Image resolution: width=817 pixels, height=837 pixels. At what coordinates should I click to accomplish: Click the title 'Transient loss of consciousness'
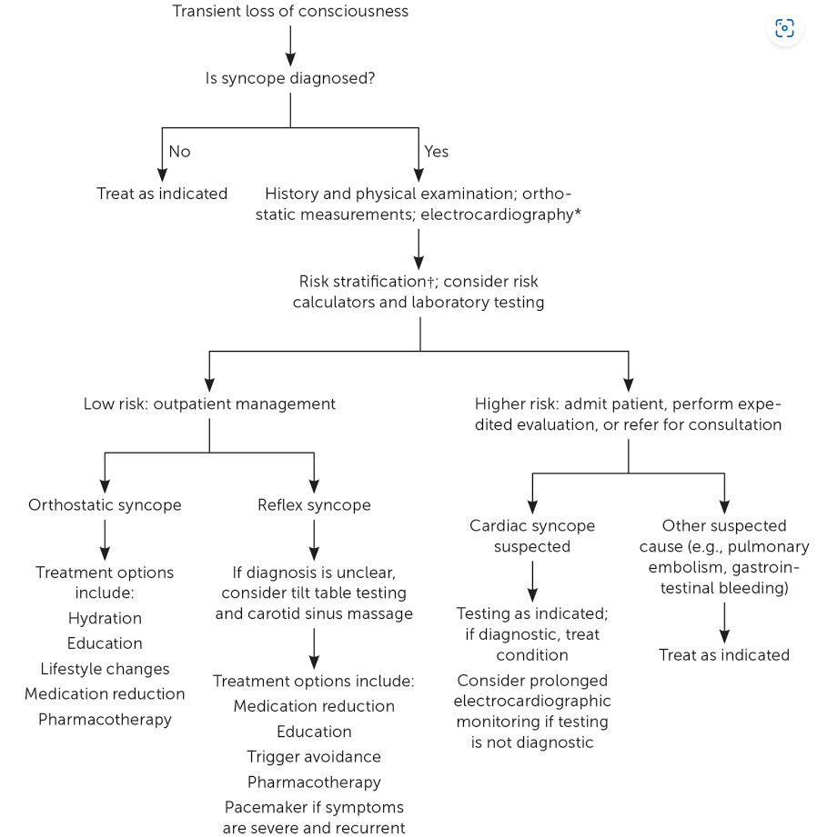coord(290,11)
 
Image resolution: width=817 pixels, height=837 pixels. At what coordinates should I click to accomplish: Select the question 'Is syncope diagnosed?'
coord(290,78)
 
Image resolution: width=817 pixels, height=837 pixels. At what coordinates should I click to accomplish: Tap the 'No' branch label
coord(179,152)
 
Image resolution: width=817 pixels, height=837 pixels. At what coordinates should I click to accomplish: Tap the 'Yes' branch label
coord(436,152)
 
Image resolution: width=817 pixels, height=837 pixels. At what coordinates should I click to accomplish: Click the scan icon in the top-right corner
coord(784,28)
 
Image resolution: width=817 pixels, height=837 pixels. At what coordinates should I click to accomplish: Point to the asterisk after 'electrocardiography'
coord(578,213)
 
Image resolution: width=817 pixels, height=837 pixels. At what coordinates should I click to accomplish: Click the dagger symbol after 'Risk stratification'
coord(430,282)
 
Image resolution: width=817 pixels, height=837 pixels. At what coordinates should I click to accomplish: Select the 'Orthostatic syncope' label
coord(105,505)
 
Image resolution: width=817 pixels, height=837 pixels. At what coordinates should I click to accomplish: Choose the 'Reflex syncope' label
coord(314,505)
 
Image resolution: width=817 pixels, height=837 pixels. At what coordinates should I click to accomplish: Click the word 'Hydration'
coord(105,618)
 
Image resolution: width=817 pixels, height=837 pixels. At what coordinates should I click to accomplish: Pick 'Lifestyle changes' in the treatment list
coord(105,669)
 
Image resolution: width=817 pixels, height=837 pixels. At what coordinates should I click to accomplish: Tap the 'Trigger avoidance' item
coord(314,757)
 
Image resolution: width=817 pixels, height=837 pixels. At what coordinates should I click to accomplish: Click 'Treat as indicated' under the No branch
coord(162,194)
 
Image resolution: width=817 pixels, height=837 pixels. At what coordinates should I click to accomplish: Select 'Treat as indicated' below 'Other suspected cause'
coord(724,655)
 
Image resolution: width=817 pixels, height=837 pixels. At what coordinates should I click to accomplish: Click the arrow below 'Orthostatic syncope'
coord(105,540)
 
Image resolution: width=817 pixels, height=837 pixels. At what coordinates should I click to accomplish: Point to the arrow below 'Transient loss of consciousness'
coord(290,46)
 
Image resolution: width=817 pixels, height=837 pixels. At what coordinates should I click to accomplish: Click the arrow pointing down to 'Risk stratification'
coord(419,249)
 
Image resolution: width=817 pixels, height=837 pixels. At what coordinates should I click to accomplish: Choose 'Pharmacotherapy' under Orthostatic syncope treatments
coord(105,720)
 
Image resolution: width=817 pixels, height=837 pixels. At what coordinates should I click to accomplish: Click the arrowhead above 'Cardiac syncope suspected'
coord(532,507)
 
